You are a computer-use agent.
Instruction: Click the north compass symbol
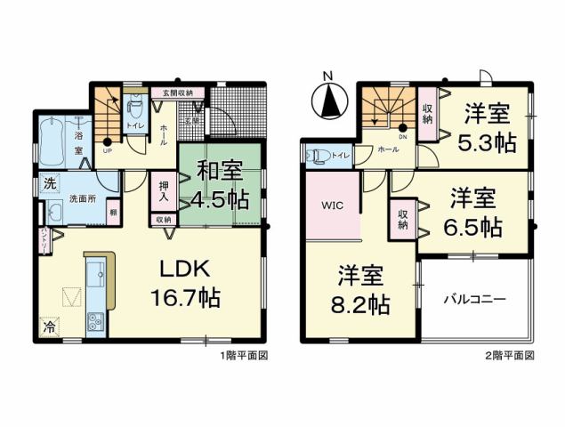pyautogui.click(x=330, y=100)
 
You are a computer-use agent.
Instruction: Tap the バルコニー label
pyautogui.click(x=475, y=299)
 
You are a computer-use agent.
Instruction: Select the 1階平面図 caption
pyautogui.click(x=243, y=353)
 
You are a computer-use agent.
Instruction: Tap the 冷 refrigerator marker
pyautogui.click(x=49, y=326)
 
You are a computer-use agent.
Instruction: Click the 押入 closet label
pyautogui.click(x=164, y=193)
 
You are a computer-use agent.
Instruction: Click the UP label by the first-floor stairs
pyautogui.click(x=109, y=151)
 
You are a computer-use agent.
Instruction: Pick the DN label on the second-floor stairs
pyautogui.click(x=402, y=137)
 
